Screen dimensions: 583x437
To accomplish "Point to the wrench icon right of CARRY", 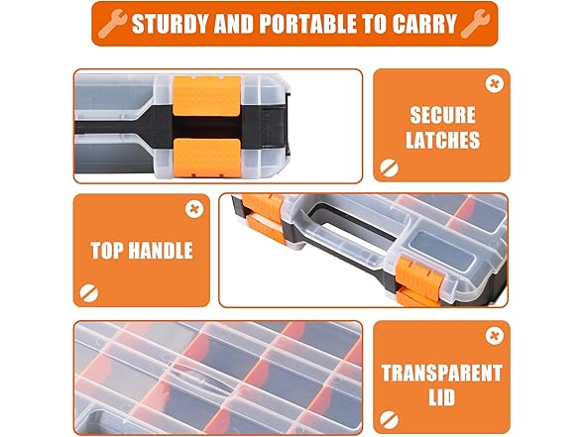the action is pyautogui.click(x=475, y=24).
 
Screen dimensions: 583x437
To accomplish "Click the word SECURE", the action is pyautogui.click(x=442, y=115).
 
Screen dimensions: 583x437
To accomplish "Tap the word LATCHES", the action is pyautogui.click(x=442, y=140).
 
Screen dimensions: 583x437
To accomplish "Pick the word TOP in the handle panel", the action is pyautogui.click(x=107, y=250).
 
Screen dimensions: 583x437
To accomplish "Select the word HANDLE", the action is pyautogui.click(x=160, y=250).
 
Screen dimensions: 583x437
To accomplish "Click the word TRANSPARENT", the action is pyautogui.click(x=442, y=373).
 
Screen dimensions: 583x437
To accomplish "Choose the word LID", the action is pyautogui.click(x=442, y=397).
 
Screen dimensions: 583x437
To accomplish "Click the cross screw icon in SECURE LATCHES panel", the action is pyautogui.click(x=495, y=84).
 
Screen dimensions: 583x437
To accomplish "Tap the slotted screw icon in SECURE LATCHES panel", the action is pyautogui.click(x=389, y=168).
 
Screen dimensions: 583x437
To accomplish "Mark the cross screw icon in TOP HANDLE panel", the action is pyautogui.click(x=194, y=209).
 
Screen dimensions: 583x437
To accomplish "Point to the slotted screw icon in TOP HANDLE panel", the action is pyautogui.click(x=89, y=293).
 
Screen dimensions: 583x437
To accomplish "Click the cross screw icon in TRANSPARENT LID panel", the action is pyautogui.click(x=495, y=336).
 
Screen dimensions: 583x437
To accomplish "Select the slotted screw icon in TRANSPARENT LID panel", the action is pyautogui.click(x=389, y=420).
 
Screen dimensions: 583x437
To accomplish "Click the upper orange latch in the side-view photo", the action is pyautogui.click(x=206, y=96).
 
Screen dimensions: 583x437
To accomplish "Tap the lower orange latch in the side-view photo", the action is pyautogui.click(x=206, y=158).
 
